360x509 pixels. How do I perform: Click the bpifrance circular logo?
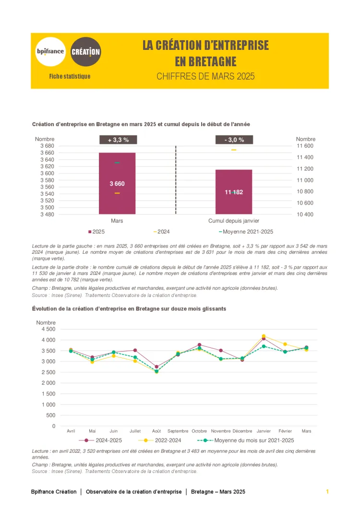50,51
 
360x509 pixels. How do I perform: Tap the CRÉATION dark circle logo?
86,51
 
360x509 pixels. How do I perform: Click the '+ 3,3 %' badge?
118,140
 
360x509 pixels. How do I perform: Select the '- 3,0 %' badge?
234,140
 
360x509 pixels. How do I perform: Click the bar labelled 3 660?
117,183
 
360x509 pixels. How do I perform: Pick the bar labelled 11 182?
234,192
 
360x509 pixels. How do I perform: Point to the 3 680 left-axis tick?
47,146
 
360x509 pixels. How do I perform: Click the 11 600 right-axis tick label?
305,146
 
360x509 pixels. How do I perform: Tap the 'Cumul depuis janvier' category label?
234,221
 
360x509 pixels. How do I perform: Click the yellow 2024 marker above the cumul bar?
234,150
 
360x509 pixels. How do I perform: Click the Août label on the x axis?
156,431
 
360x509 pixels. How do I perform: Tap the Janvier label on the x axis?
264,431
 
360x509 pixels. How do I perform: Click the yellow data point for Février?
285,344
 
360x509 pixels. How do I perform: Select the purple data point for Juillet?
135,350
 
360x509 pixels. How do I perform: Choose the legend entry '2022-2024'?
168,440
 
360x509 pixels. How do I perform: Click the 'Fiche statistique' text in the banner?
70,76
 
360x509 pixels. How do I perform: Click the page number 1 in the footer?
327,492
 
